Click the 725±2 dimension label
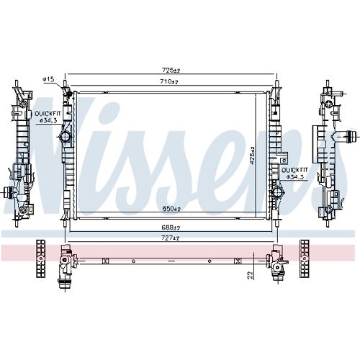click(x=171, y=70)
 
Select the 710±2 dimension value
click(x=169, y=81)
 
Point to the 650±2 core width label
click(x=171, y=209)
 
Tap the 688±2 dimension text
click(x=171, y=228)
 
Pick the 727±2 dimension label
click(x=171, y=238)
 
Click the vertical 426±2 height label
click(x=252, y=156)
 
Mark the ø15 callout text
click(x=48, y=79)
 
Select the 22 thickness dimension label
click(x=251, y=275)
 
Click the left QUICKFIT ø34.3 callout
click(x=48, y=117)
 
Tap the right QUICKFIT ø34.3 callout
click(x=294, y=174)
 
